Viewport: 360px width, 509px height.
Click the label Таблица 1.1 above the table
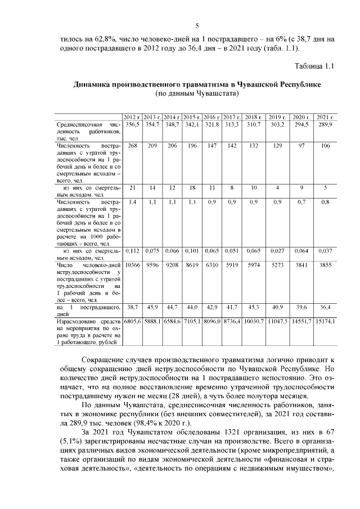(x=314, y=66)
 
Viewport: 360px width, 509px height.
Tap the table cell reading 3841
(x=301, y=264)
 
